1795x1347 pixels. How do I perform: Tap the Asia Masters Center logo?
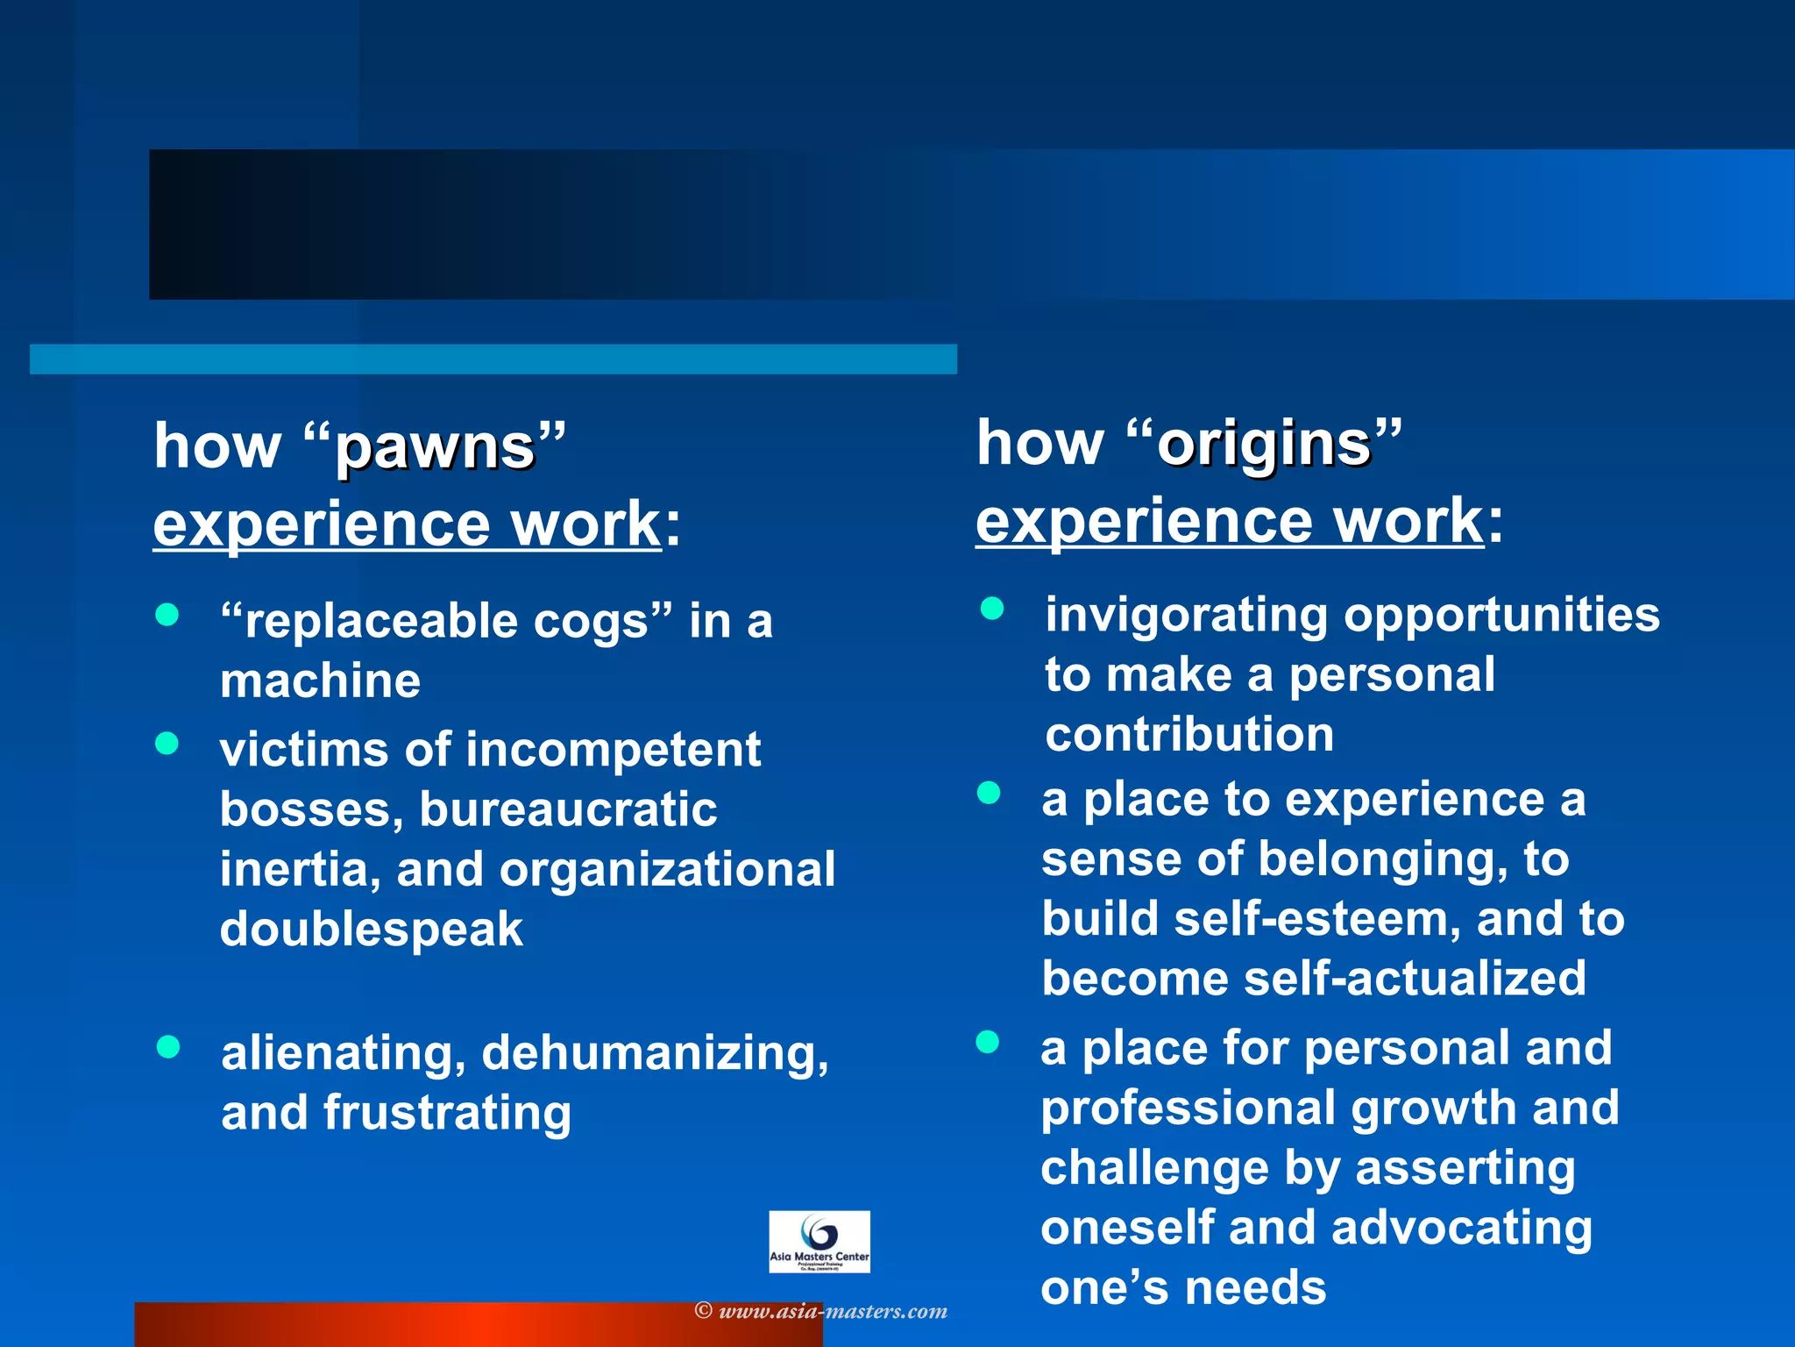click(819, 1241)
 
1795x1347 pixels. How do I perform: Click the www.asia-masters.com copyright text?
click(821, 1311)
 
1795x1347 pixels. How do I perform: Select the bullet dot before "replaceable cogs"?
click(167, 614)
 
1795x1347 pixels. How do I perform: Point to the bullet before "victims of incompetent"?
click(167, 744)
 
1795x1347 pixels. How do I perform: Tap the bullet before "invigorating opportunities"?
click(991, 609)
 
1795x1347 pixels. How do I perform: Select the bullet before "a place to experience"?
click(989, 793)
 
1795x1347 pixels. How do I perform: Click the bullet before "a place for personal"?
click(988, 1042)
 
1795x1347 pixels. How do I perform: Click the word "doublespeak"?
click(372, 930)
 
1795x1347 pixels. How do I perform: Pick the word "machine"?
click(320, 681)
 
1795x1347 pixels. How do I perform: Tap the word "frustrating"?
click(447, 1112)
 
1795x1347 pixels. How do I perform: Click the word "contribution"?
click(1189, 734)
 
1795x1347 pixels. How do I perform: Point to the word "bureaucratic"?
click(568, 809)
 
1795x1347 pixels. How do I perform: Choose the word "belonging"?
click(1383, 859)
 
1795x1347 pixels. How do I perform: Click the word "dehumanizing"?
click(655, 1052)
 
